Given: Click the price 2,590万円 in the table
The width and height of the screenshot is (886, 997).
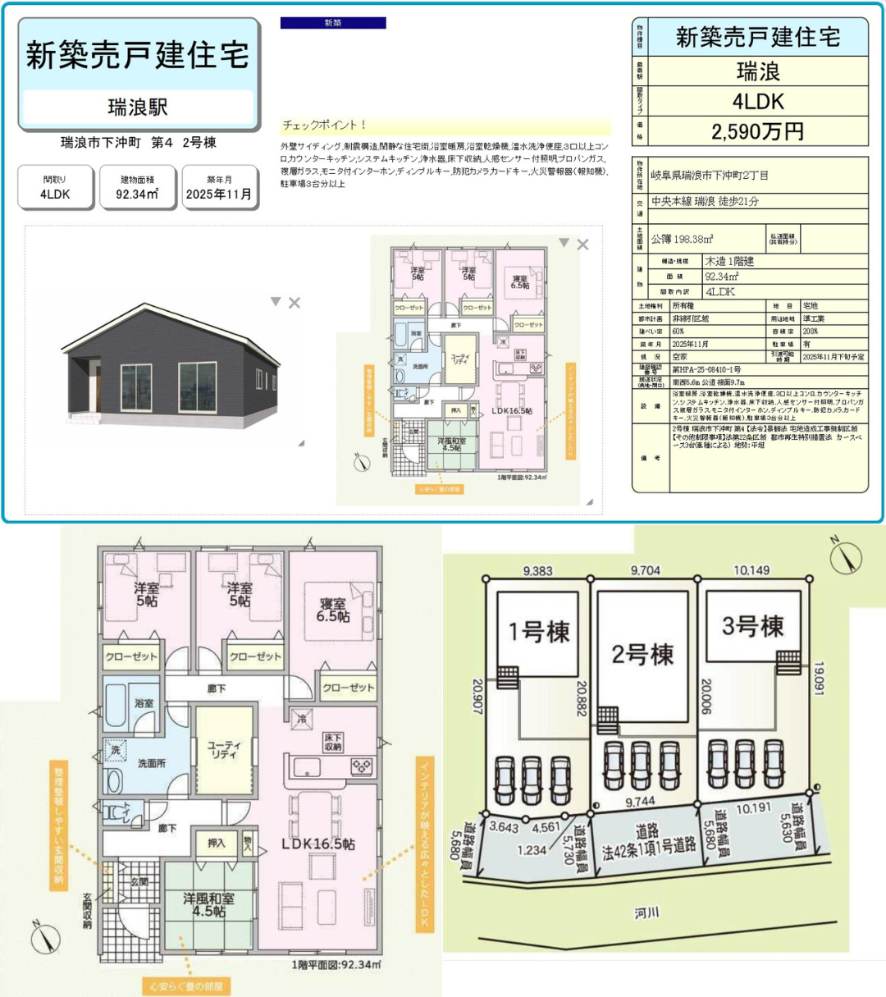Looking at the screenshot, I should click(757, 131).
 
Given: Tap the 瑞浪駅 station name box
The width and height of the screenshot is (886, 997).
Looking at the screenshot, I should click(138, 107).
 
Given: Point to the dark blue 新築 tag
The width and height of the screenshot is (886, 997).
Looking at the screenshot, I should click(333, 23).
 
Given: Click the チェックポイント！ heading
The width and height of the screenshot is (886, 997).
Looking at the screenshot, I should click(324, 126).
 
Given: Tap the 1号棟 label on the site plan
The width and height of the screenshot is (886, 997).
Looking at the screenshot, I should click(539, 632).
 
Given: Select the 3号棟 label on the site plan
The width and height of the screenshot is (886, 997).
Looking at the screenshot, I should click(752, 627).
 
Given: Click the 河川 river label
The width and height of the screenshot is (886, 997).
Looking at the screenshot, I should click(646, 912).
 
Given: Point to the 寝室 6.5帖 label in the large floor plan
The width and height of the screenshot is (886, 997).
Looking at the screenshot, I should click(333, 610).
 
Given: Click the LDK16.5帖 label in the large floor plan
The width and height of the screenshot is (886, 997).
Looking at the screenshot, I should click(318, 844).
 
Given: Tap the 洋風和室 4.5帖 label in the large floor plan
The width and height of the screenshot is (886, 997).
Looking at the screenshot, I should click(208, 904).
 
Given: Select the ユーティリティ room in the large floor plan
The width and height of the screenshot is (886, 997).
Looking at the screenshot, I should click(224, 749).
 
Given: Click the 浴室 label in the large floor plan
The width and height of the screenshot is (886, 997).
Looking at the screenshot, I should click(144, 703).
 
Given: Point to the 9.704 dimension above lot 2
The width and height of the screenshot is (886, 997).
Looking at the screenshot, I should click(645, 570).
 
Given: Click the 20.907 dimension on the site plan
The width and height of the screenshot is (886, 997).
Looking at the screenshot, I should click(477, 696).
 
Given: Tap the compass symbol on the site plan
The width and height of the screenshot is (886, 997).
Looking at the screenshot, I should click(845, 557).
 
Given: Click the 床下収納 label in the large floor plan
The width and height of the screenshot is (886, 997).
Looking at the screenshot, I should click(333, 742).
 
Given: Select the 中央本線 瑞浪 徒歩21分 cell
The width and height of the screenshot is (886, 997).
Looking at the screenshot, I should click(705, 201).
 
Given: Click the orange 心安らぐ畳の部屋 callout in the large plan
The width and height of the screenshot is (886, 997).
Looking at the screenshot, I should click(186, 986).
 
